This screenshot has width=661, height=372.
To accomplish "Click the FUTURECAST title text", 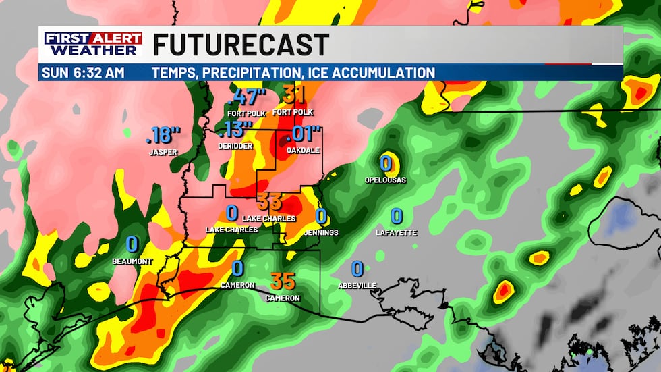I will coord(241,45).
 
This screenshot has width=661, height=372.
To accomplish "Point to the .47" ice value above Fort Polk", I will coord(248,97).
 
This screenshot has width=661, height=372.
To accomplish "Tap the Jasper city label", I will coord(163,153).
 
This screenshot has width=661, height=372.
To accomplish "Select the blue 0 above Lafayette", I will coord(397,216).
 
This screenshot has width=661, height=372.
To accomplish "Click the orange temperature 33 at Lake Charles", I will coord(269,201).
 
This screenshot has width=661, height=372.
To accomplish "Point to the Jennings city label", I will coord(321,232).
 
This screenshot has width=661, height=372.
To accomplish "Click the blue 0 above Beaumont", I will coord(132,244).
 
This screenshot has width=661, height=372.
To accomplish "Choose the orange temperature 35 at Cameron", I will coord(282,281).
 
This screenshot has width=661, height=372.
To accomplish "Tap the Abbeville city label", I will coord(357,286).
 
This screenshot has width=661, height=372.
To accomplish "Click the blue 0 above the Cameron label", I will coord(237,268).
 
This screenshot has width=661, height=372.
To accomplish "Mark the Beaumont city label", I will coord(132,261).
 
